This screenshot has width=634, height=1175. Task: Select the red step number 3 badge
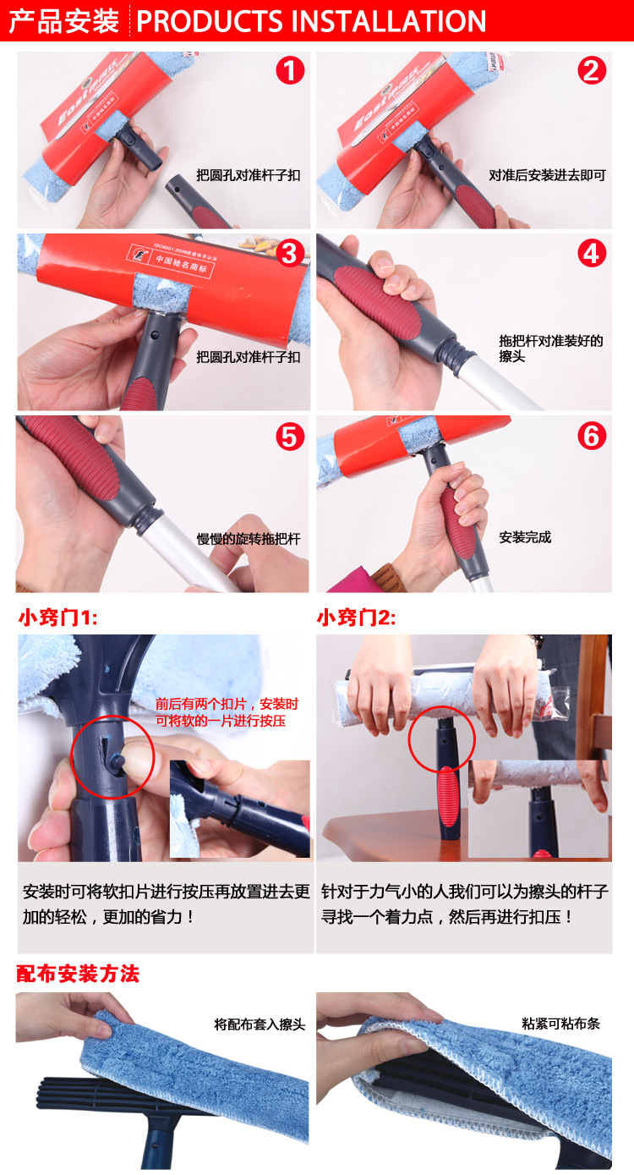pos(290,252)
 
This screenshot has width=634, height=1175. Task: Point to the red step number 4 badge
pos(592,252)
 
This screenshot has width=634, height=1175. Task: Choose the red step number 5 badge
pos(290,436)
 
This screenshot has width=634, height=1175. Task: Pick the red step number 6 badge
pos(592,436)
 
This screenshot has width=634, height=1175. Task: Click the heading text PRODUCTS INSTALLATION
pos(311,21)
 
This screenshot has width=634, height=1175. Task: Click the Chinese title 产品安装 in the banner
pos(63,21)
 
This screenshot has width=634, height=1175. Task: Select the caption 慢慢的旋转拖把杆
pos(249,538)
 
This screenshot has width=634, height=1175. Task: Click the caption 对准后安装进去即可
pos(547,176)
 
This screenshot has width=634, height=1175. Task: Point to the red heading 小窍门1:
pos(58,618)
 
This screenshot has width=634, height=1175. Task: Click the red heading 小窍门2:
pos(356,618)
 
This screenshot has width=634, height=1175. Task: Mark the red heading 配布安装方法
pos(78,974)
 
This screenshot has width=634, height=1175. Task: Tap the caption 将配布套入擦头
pos(260,1024)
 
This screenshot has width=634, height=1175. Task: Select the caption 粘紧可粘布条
pos(560,1024)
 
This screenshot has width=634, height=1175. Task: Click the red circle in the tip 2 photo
pos(441,738)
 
